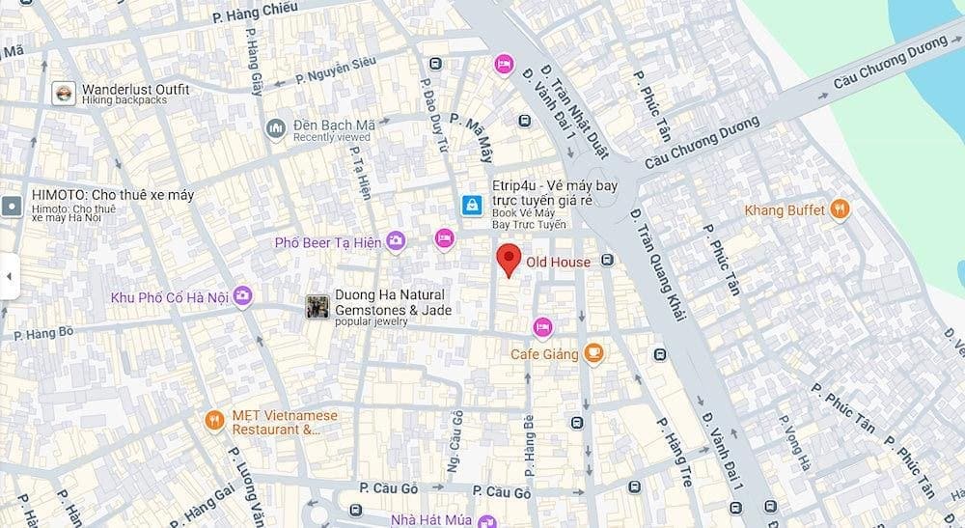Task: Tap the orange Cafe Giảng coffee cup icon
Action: pyautogui.click(x=594, y=354)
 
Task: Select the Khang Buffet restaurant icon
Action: pyautogui.click(x=840, y=209)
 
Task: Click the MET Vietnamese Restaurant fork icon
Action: pyautogui.click(x=215, y=420)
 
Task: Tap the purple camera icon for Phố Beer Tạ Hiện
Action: pyautogui.click(x=395, y=241)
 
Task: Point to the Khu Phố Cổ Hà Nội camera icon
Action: pyautogui.click(x=242, y=296)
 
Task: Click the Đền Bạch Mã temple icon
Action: pyautogui.click(x=276, y=129)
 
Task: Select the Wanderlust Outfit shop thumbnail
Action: pyautogui.click(x=64, y=94)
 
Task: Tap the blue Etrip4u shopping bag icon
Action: pyautogui.click(x=472, y=205)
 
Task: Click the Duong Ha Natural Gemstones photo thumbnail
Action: pyautogui.click(x=317, y=307)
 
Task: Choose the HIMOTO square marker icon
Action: pyautogui.click(x=12, y=206)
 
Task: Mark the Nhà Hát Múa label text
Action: pyautogui.click(x=430, y=520)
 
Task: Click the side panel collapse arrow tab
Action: pyautogui.click(x=9, y=276)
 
